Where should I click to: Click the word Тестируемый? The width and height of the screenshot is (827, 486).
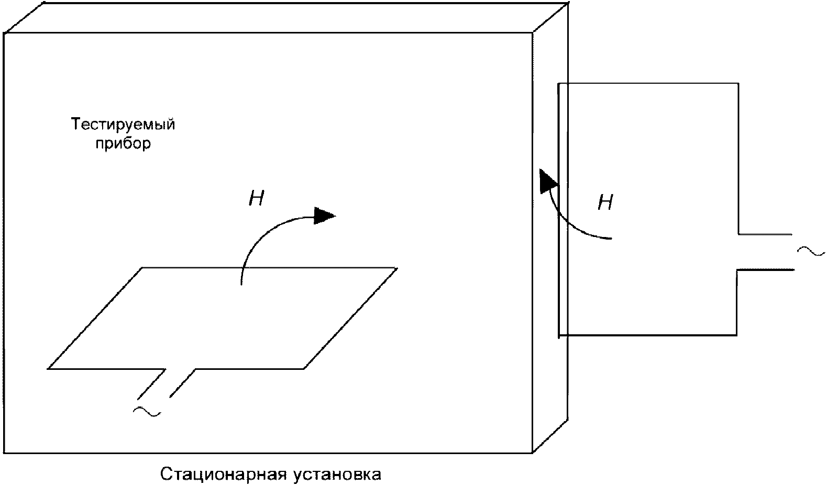(x=123, y=126)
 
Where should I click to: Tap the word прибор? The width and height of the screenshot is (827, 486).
(x=123, y=144)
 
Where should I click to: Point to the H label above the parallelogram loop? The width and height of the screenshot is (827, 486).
(x=256, y=199)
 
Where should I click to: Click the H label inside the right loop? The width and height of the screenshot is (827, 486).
(x=605, y=202)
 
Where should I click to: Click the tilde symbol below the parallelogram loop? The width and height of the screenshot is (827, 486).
(x=147, y=412)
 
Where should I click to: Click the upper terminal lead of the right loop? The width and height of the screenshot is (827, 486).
(x=766, y=234)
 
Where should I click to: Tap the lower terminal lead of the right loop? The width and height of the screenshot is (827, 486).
(x=766, y=270)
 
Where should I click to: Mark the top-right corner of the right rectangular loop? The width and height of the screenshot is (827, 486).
(x=738, y=83)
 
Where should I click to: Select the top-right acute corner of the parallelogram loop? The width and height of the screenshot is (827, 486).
(x=396, y=268)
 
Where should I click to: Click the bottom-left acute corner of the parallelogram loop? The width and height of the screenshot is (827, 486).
(x=48, y=369)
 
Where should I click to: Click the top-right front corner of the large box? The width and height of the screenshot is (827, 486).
(x=533, y=33)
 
